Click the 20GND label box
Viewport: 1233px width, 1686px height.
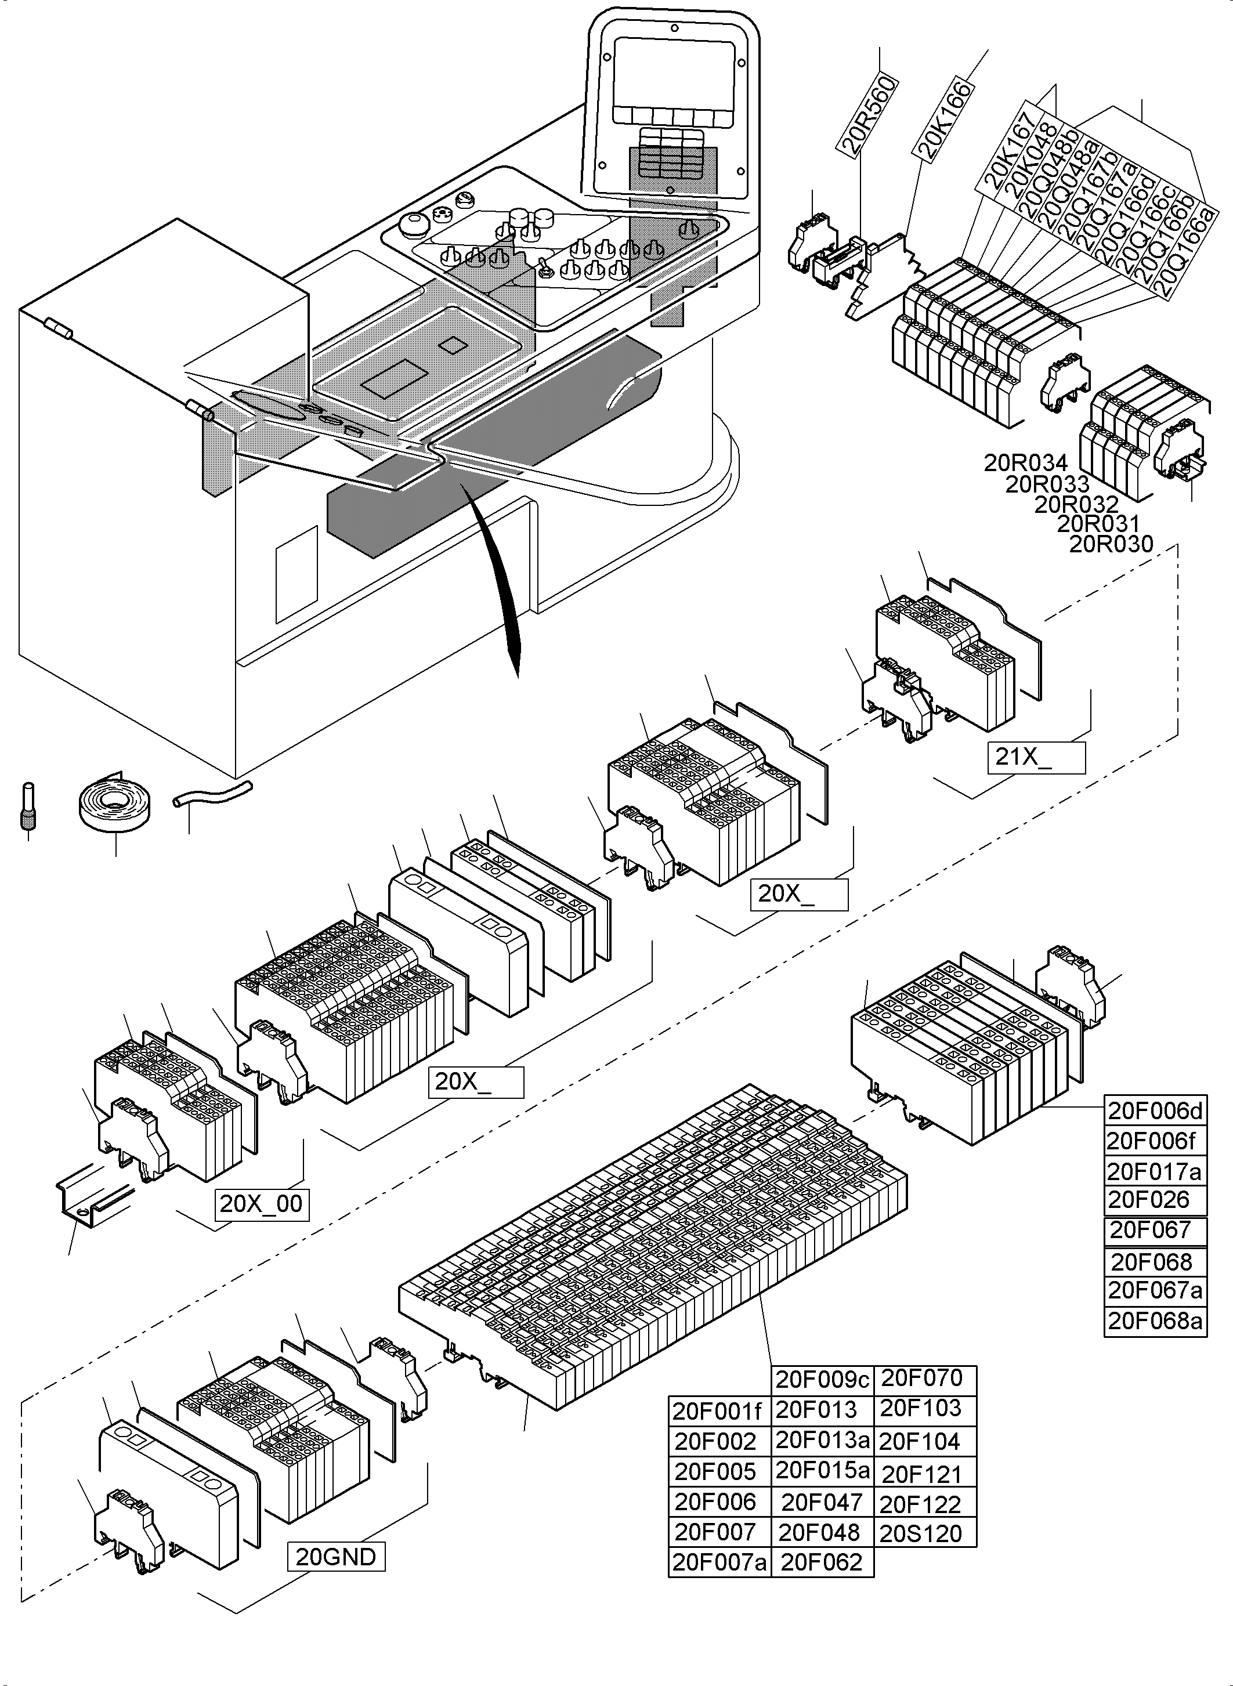[x=336, y=1557]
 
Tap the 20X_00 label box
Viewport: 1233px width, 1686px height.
[x=261, y=1203]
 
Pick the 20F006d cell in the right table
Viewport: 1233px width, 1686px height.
[x=1155, y=1110]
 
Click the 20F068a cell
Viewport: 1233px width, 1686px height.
[x=1155, y=1321]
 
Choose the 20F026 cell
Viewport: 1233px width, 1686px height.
[x=1155, y=1200]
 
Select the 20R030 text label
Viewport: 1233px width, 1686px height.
[x=1111, y=544]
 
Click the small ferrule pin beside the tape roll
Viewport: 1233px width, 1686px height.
[x=27, y=805]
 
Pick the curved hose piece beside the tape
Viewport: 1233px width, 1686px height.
[x=212, y=793]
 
